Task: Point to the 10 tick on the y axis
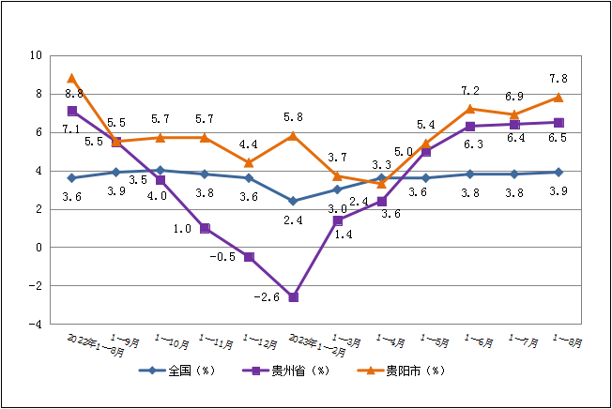35,55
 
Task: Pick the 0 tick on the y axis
37,247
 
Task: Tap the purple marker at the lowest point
294,297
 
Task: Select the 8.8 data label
74,94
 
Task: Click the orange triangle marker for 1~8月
558,98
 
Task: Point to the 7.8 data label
558,79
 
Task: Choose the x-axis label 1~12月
259,340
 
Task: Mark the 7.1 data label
70,129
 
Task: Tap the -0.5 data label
222,257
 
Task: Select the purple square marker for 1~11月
205,228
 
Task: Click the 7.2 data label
470,91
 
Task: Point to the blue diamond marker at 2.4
294,201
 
